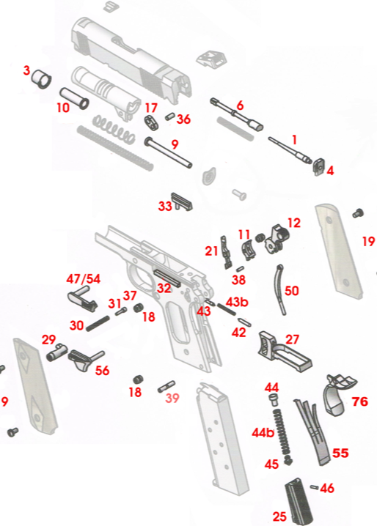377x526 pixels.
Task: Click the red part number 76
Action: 359,401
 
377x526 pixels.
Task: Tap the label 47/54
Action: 83,278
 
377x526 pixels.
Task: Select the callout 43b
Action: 237,302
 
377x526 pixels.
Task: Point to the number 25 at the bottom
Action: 279,516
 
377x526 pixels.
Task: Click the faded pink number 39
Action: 172,398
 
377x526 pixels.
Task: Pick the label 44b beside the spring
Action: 263,433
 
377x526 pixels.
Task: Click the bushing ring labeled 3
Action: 42,79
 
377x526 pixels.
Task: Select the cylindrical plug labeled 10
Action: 74,98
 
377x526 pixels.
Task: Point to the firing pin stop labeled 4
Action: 318,167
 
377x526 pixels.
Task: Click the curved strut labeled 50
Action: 281,289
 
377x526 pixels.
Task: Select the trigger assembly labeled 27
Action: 285,351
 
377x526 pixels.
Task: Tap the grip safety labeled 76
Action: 338,394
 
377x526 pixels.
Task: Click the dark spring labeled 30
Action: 98,323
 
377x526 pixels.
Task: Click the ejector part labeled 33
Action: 182,201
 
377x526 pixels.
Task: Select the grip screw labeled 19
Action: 359,213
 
